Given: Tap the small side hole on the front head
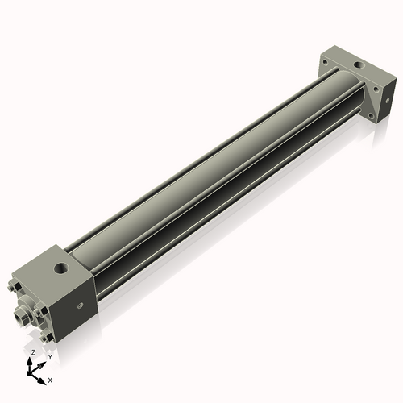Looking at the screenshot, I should [x=79, y=305].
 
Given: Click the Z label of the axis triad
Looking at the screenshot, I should [x=33, y=353].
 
